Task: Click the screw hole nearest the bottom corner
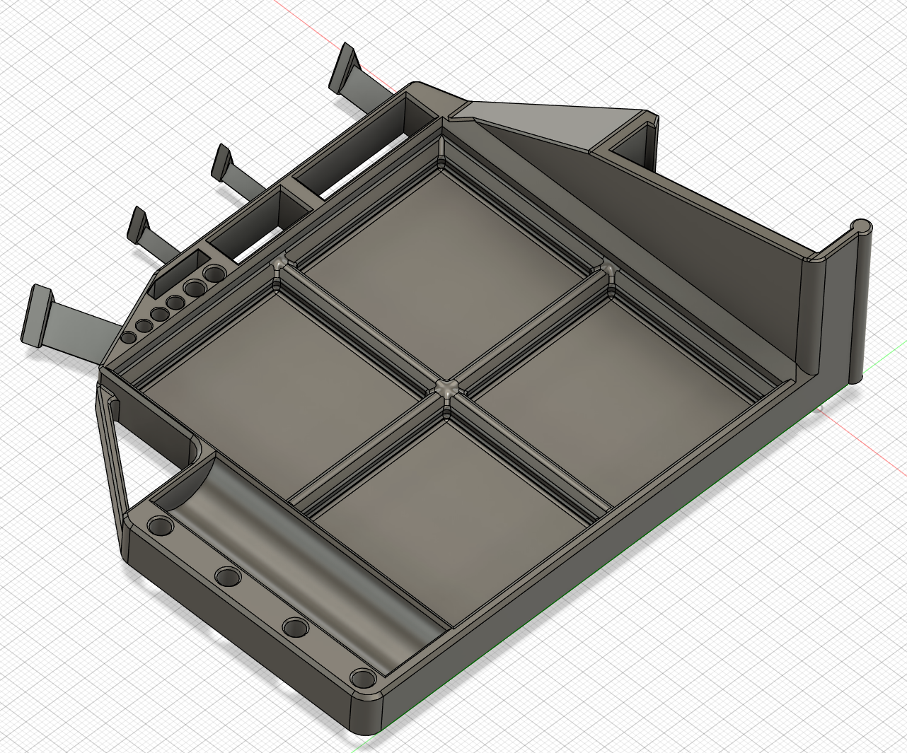tap(364, 679)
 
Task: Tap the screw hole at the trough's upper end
tap(160, 527)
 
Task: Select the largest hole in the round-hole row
tap(212, 274)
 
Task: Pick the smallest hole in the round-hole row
tap(129, 338)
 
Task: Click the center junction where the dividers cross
tap(446, 387)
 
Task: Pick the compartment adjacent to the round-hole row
tap(276, 368)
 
